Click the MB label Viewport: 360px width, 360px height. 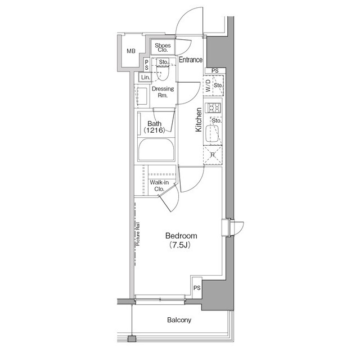pos(130,52)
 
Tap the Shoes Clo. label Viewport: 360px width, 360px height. pos(163,47)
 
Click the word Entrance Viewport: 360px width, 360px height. pos(191,60)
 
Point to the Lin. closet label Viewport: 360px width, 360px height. pos(145,77)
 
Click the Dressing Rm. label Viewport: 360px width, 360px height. pos(163,92)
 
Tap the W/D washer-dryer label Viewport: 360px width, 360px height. pos(208,87)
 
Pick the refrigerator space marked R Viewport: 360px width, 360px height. pos(213,156)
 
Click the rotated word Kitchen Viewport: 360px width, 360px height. pos(199,120)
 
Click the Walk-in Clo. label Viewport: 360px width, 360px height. pos(157,186)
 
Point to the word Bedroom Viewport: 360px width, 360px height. pos(181,235)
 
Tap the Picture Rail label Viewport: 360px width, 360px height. pos(137,235)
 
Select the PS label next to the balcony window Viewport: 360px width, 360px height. pos(197,288)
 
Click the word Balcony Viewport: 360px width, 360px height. pos(179,321)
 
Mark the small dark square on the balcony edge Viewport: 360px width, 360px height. pos(132,339)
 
